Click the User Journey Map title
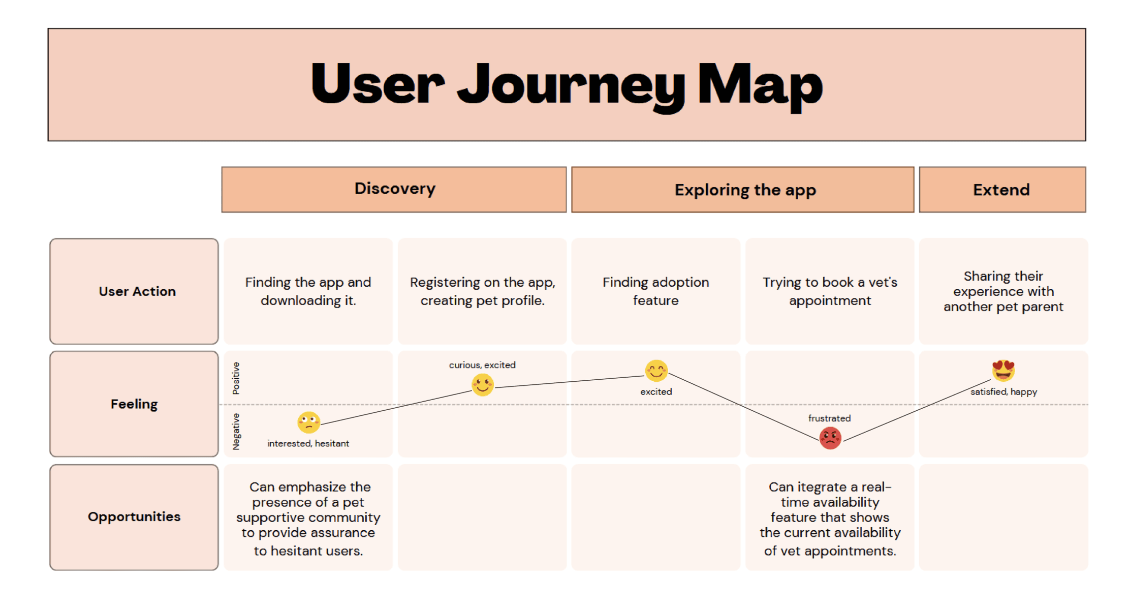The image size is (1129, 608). tap(566, 84)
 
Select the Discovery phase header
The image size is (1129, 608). tap(394, 189)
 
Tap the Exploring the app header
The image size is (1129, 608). tap(745, 190)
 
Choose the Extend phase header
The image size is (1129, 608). tap(1001, 190)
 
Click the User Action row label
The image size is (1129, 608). tap(137, 291)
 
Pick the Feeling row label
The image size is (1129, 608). tap(134, 404)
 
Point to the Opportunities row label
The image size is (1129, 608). tap(134, 516)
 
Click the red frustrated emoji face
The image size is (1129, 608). tap(830, 438)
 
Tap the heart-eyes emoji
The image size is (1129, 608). tap(1003, 371)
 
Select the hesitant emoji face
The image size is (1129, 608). tap(308, 422)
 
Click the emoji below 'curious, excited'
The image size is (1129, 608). tap(482, 385)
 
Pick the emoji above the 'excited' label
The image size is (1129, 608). tap(656, 371)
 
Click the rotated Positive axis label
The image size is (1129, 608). tap(236, 378)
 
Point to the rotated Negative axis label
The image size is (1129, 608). tap(236, 431)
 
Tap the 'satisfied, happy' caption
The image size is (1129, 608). tap(1003, 391)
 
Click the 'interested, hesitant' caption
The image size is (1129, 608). tap(308, 443)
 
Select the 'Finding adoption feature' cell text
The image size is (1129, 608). tap(655, 291)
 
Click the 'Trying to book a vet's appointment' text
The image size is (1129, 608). tap(830, 291)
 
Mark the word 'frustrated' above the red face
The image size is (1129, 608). tap(829, 418)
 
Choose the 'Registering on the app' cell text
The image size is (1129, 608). tap(482, 291)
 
